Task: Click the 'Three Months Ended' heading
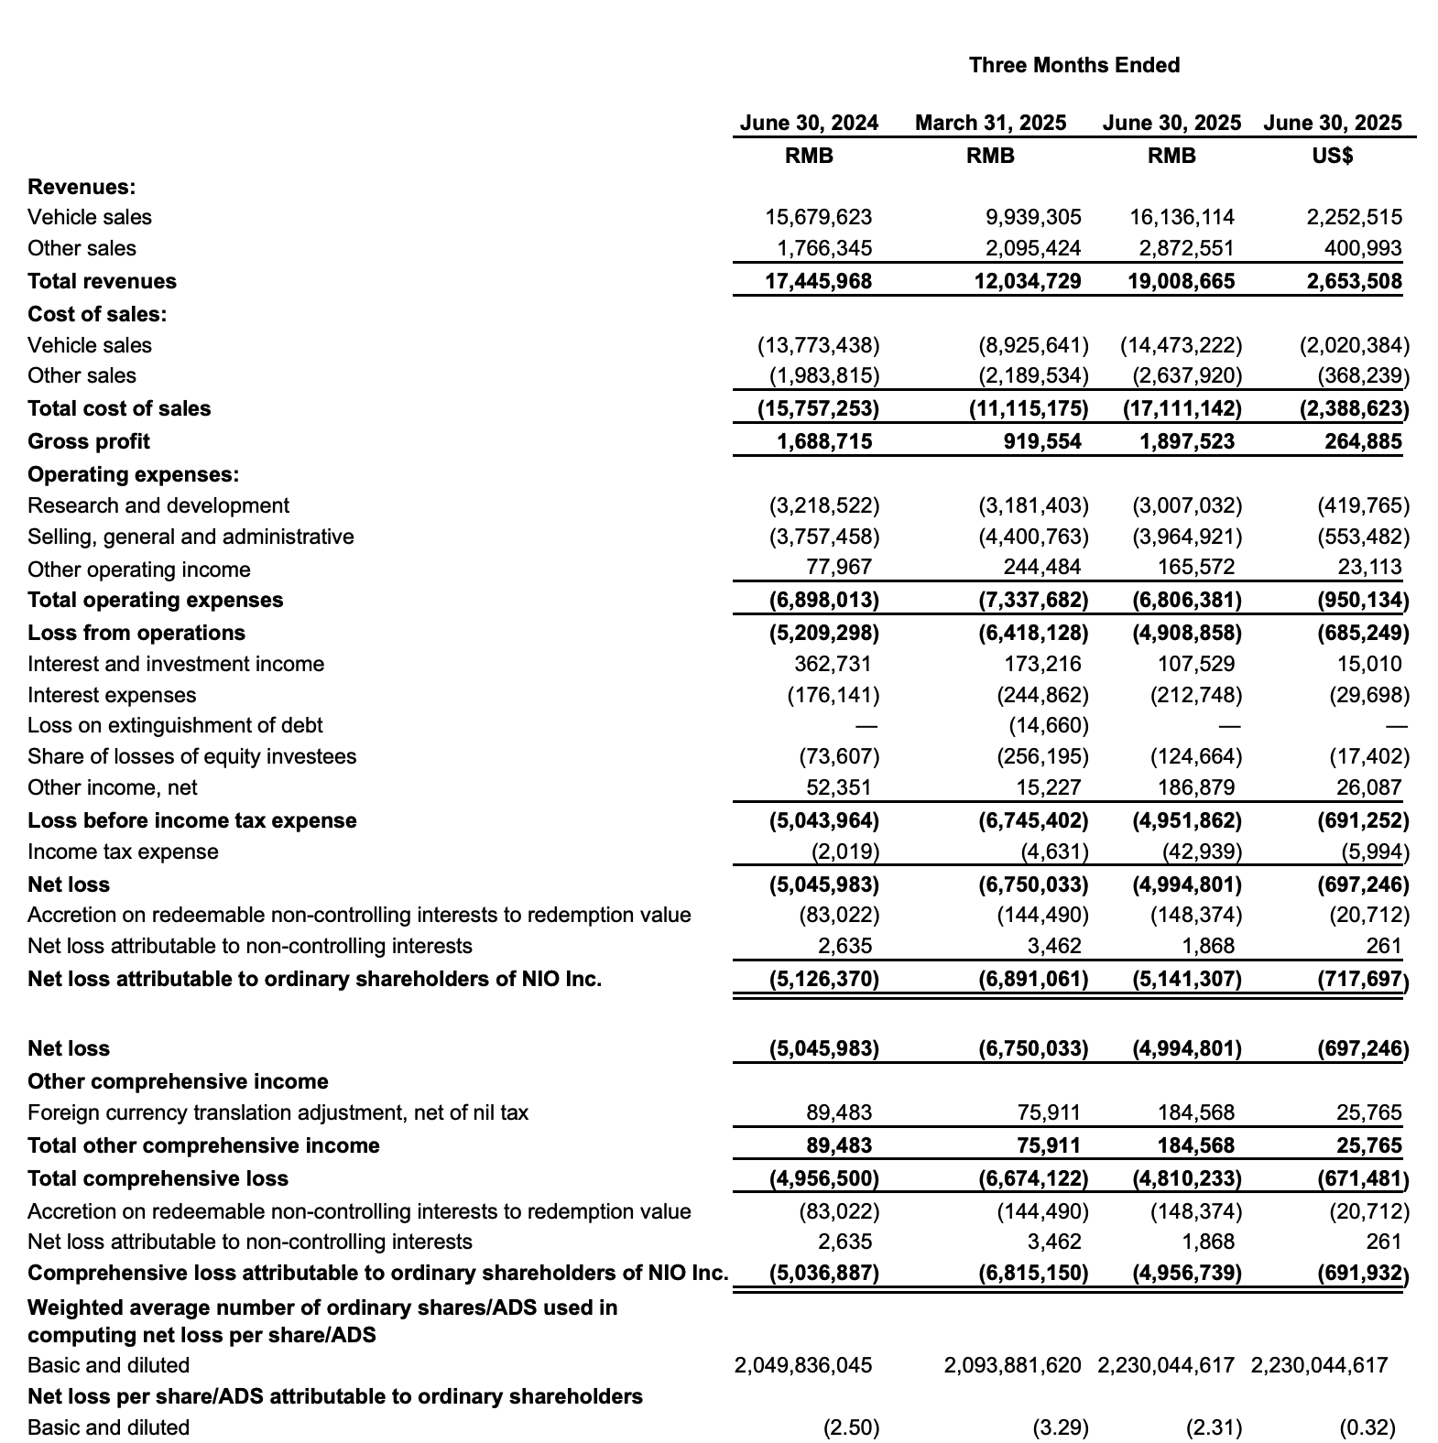click(1073, 65)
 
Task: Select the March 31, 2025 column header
click(990, 123)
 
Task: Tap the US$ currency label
click(1332, 156)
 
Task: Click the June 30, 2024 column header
click(809, 123)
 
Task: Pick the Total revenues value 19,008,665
click(1181, 281)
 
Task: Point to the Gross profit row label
click(89, 441)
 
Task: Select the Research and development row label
click(158, 505)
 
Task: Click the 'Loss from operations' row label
click(136, 633)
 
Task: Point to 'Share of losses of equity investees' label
click(191, 756)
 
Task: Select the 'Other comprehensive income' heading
click(178, 1081)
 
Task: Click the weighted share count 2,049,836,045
click(803, 1365)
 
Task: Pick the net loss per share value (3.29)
click(1061, 1427)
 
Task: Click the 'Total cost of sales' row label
click(119, 408)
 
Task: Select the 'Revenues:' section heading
click(82, 187)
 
